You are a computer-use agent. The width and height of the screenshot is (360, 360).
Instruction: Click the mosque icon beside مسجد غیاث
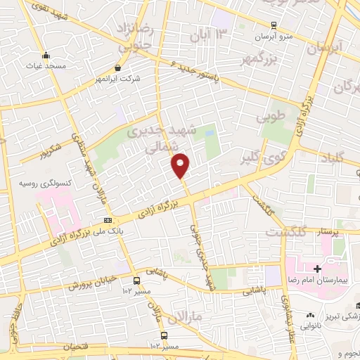pos(47,56)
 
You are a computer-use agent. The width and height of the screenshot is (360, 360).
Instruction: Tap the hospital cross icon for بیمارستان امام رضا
pos(318,269)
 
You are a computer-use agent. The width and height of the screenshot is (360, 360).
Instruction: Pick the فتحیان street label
pos(74,347)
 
